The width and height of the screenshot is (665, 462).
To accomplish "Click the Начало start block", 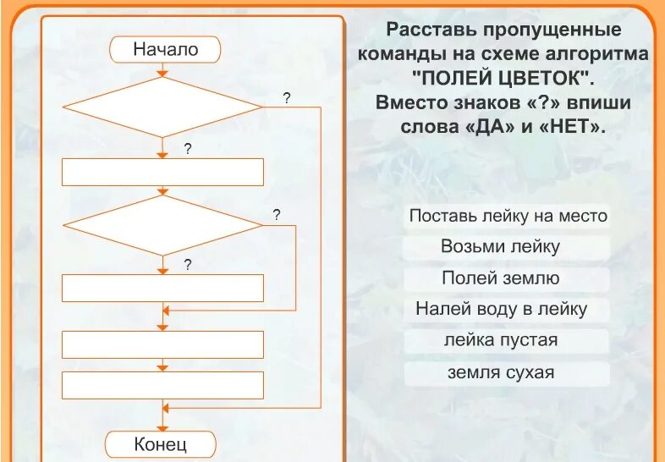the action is click(165, 50).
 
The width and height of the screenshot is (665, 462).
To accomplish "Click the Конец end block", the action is click(161, 443).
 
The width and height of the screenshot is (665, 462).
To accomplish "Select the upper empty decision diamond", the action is click(163, 107).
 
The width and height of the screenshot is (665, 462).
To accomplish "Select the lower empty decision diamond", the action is click(163, 225).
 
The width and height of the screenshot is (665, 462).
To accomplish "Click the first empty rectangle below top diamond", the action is click(163, 173).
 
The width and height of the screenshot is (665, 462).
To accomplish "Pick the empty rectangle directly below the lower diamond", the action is click(163, 289).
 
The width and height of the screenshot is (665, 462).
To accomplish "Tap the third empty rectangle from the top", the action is click(163, 344).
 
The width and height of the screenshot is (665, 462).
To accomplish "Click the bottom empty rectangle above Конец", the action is click(163, 386).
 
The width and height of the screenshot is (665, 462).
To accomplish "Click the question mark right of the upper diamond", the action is click(287, 98).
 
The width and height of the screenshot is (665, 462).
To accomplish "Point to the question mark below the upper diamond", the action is click(188, 149).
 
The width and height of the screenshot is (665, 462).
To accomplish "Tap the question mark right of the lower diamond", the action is click(276, 215).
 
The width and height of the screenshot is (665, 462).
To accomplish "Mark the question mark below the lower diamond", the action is click(188, 264).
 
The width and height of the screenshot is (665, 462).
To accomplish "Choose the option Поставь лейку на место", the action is click(508, 216).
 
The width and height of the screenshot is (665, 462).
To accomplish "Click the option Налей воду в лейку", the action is click(501, 310).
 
